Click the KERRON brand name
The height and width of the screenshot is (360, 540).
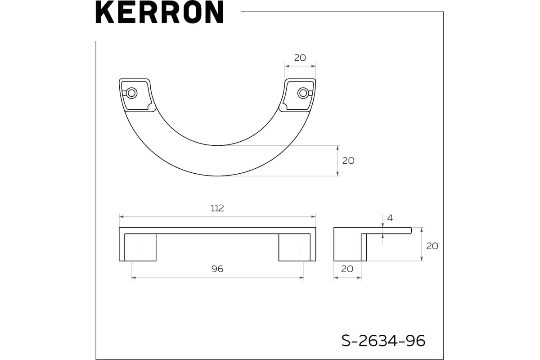coord(159,12)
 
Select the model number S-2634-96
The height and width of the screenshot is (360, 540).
coord(383,341)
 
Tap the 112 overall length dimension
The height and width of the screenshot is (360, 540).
coord(217,208)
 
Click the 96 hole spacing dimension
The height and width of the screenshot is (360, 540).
coord(217,269)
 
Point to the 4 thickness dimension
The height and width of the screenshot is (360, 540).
coord(390,218)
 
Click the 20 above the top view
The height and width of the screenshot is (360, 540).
coord(300,58)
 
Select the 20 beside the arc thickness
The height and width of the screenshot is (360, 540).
coord(348,161)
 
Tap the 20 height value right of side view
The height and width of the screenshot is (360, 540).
coord(432,246)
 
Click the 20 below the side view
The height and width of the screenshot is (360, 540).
coord(347,269)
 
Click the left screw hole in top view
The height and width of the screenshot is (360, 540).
coord(131,93)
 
